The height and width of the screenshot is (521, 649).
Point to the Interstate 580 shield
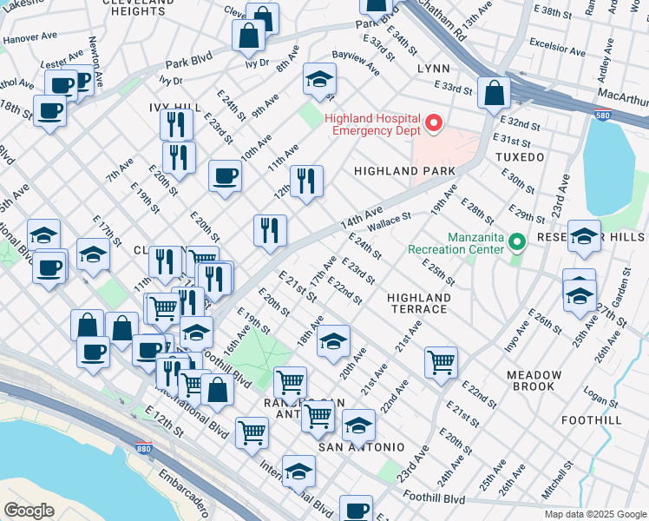601,114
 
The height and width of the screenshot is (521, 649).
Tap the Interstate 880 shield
145,449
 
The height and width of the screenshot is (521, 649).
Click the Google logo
29,511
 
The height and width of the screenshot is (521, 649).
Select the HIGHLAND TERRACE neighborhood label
418,303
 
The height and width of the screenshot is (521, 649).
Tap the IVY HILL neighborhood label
174,107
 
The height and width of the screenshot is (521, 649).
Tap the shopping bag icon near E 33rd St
494,93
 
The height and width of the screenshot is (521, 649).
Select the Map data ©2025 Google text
594,514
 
